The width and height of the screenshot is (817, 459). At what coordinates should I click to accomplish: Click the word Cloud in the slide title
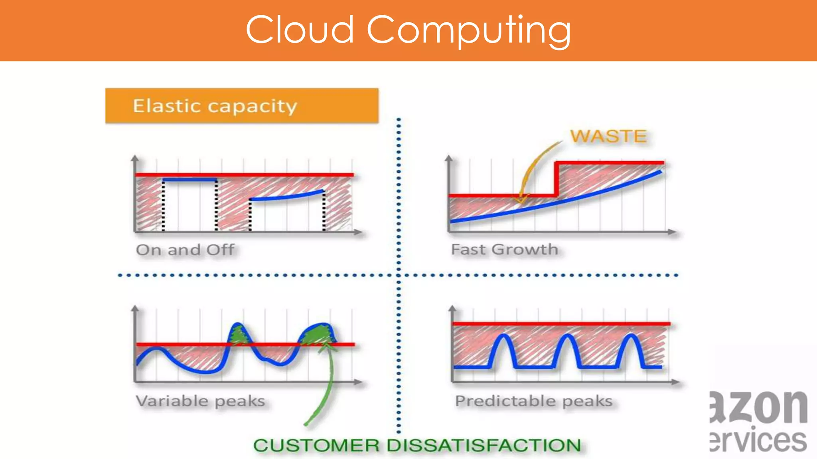point(300,29)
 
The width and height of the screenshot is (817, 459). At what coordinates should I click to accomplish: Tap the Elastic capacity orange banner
point(242,106)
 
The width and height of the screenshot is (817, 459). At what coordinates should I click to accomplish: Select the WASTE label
point(608,136)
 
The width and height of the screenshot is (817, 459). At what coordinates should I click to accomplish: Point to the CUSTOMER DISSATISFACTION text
point(417,445)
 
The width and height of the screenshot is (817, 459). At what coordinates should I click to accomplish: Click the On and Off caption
point(185,250)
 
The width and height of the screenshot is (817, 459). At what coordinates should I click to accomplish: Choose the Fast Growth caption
point(504,249)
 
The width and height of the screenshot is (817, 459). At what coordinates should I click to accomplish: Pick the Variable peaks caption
point(200,401)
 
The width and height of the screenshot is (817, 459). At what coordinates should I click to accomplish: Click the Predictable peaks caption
point(534,401)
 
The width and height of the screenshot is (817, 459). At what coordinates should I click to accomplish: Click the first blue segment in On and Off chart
point(189,180)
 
